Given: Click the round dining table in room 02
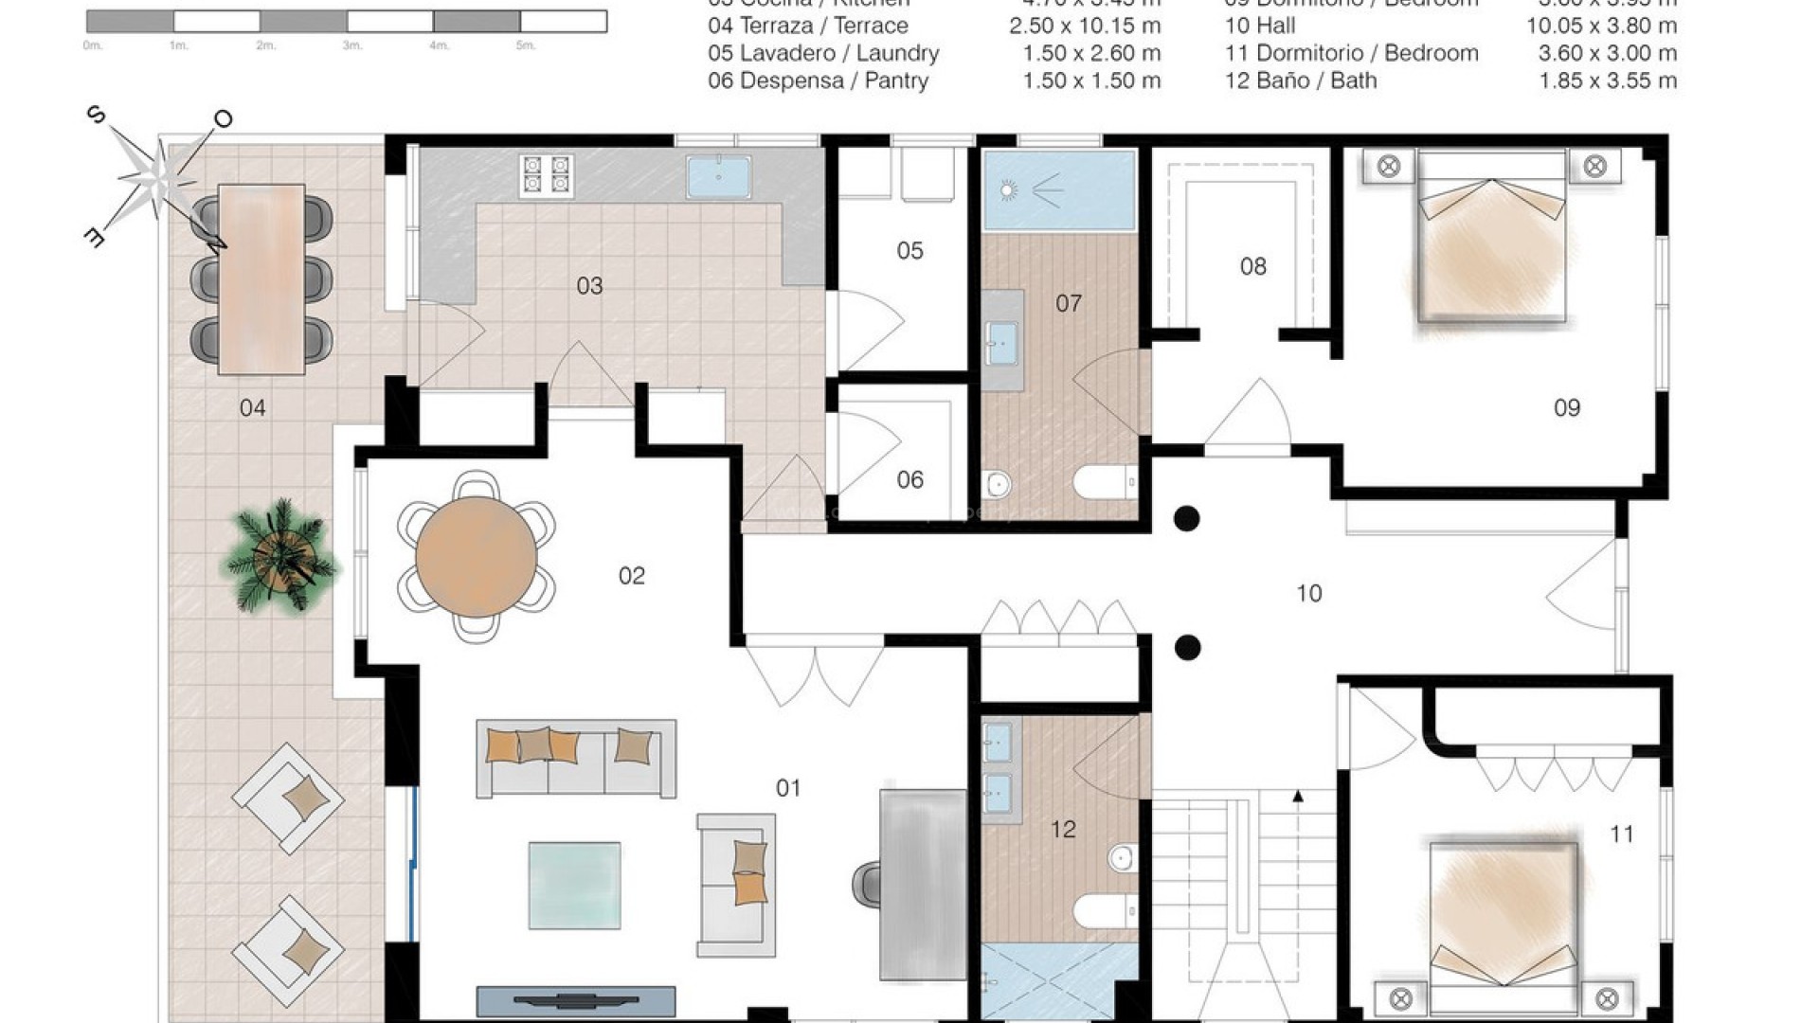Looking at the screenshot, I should point(477,556).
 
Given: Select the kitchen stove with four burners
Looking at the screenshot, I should point(547,175).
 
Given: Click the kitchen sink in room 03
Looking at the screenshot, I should point(718,177).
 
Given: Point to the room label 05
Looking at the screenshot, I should point(909,251).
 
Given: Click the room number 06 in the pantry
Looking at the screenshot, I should point(909,480).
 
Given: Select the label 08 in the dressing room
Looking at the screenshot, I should point(1252,267).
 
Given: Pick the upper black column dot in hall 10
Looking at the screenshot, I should point(1186,518).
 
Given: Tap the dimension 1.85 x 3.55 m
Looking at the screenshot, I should point(1608,81).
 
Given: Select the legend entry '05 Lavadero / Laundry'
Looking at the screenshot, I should point(822,54).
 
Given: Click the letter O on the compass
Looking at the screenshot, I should point(224,119).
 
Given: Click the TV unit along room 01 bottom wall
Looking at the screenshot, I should point(575,1000).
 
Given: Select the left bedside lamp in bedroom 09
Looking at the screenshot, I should point(1388,168).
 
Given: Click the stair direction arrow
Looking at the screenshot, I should point(1298,798).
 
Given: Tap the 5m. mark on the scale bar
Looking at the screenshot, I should point(526,45).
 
